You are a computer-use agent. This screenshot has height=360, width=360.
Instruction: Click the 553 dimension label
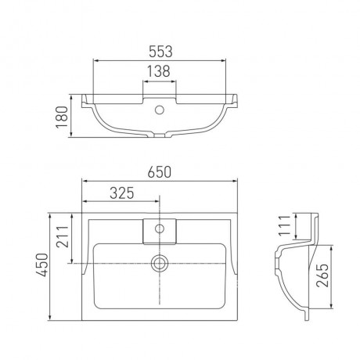pos(160,52)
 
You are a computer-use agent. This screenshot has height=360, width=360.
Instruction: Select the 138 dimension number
pos(159,71)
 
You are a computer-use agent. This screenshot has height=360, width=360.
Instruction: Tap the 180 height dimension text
pos(62,117)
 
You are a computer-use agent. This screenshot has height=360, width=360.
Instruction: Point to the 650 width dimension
pos(160,172)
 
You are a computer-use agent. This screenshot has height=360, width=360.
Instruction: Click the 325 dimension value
pos(122,193)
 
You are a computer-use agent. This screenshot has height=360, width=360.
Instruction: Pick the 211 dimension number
pos(63,236)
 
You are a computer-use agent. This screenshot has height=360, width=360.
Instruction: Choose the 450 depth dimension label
pos(42,265)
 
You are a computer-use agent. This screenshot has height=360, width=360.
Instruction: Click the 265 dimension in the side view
pos(322,275)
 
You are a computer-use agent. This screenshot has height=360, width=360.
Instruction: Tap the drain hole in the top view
pos(159,263)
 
